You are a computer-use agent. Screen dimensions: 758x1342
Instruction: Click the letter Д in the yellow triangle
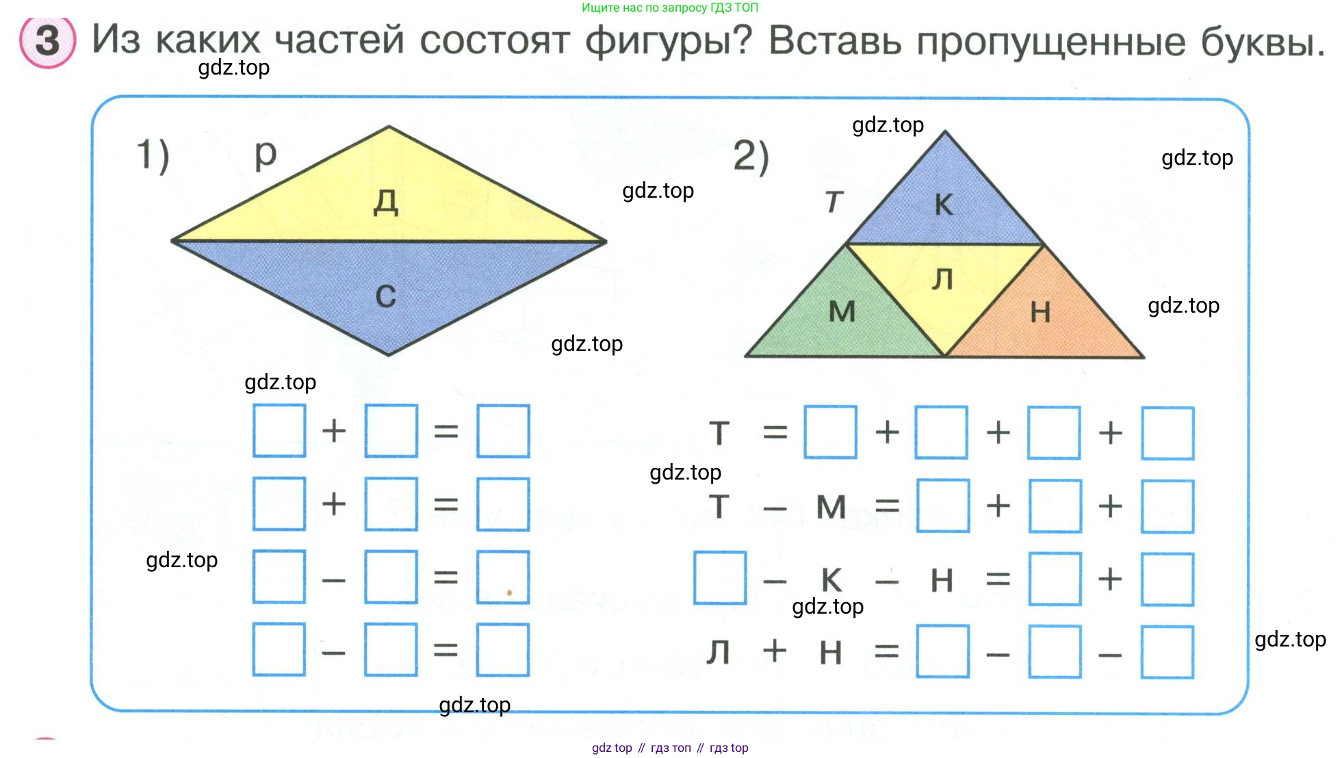point(386,202)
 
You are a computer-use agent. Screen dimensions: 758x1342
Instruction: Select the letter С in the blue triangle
point(386,296)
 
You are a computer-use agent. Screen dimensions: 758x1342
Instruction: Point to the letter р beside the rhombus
point(266,155)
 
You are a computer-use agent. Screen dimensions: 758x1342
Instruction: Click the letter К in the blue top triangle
point(944,205)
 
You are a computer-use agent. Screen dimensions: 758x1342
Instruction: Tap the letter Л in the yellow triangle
point(942,279)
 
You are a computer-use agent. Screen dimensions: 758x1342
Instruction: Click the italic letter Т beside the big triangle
point(834,202)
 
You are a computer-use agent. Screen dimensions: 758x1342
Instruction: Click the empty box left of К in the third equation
point(719,578)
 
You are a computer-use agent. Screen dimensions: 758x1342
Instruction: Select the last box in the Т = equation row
point(1167,433)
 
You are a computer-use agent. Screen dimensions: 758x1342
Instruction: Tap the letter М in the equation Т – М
point(831,507)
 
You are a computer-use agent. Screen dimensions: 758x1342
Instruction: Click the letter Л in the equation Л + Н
point(718,652)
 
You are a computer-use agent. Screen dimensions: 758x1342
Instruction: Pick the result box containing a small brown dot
point(503,577)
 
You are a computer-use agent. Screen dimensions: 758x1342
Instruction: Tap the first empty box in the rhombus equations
point(279,430)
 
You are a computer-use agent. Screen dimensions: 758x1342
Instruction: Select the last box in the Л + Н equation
point(1167,652)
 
